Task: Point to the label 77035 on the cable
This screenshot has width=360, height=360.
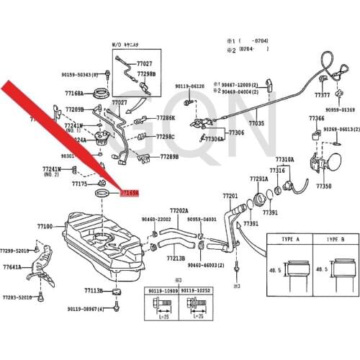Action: (x=256, y=124)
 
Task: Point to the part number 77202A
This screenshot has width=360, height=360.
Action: (x=179, y=210)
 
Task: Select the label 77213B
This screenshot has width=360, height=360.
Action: (x=174, y=257)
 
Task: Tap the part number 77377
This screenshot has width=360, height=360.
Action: (x=323, y=95)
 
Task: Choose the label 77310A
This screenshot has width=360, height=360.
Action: (x=284, y=158)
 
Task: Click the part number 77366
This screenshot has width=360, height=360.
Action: (x=316, y=117)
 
